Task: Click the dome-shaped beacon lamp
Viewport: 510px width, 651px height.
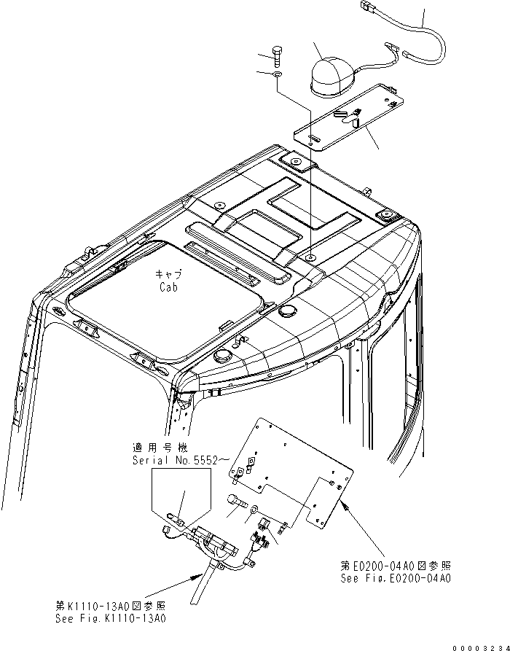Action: point(331,75)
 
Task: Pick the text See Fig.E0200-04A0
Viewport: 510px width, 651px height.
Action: point(396,579)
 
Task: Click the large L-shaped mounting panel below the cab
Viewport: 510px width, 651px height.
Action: point(291,467)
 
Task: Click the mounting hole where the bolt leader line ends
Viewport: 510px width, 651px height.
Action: point(311,259)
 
